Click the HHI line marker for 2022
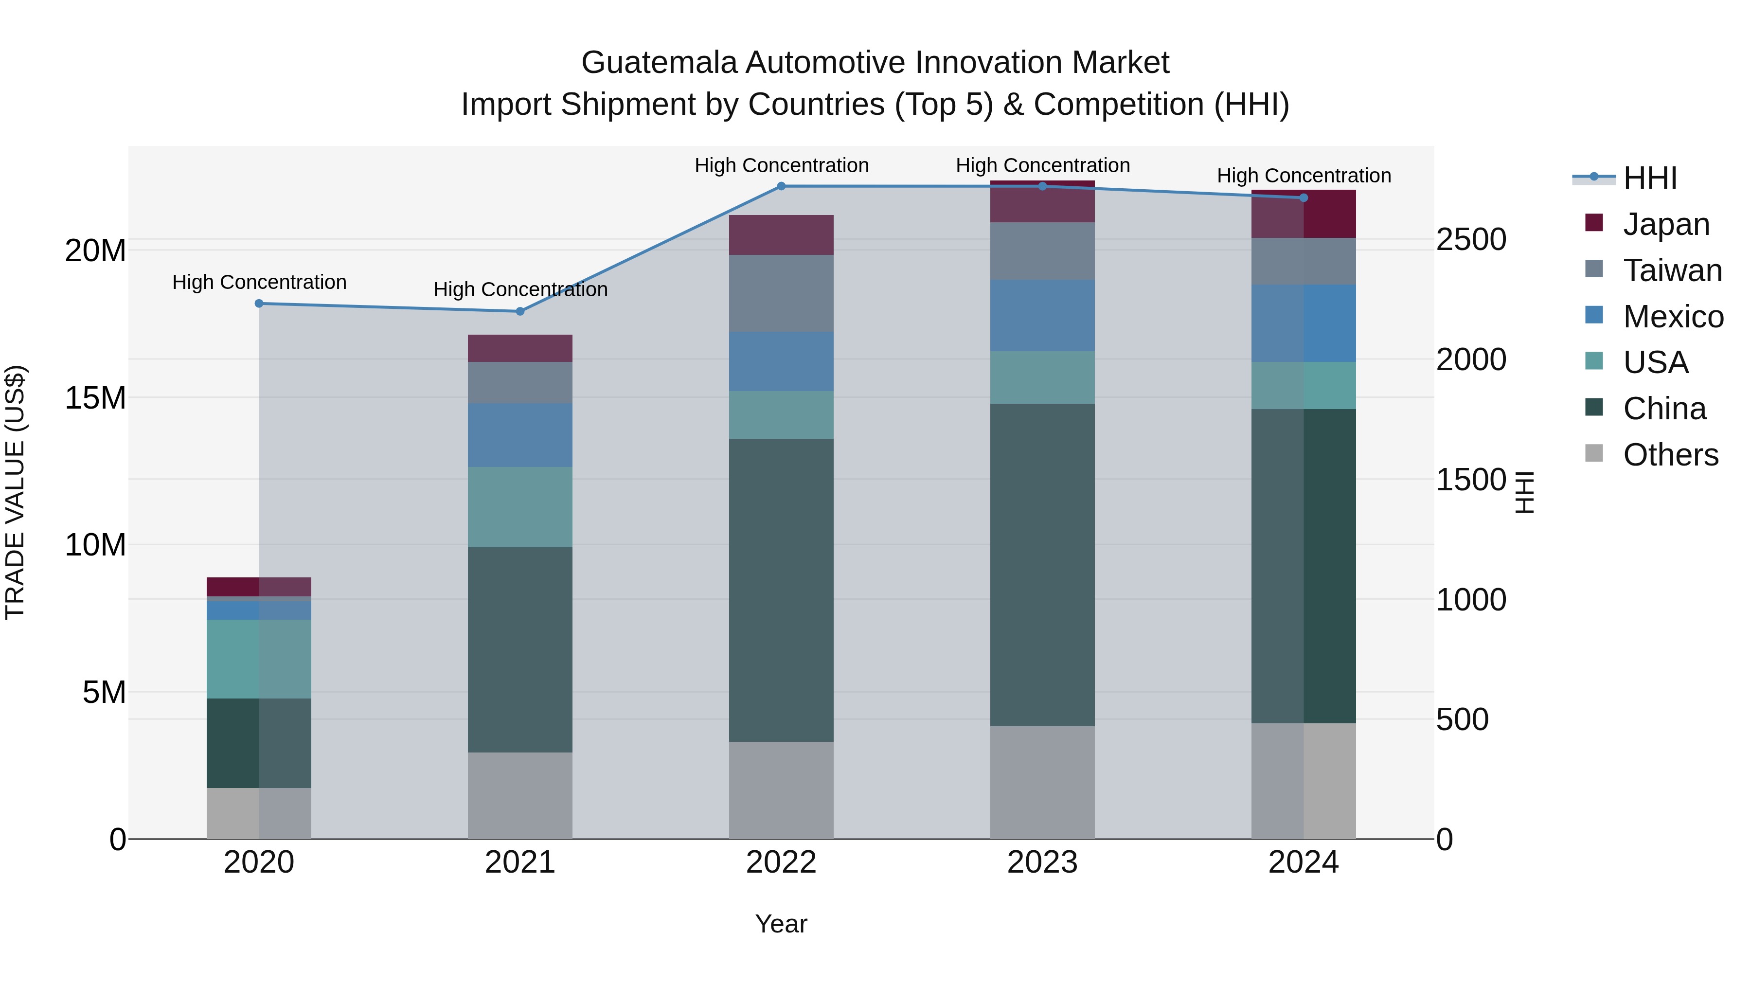(x=781, y=186)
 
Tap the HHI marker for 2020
(x=259, y=304)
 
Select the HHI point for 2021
(x=520, y=311)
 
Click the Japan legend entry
(x=1665, y=224)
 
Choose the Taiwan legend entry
(x=1672, y=270)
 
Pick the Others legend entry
(x=1670, y=454)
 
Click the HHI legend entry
(x=1650, y=178)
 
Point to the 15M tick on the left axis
(x=95, y=398)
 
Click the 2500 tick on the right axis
(x=1470, y=239)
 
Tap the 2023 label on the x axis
(x=1042, y=862)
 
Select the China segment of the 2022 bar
(x=781, y=590)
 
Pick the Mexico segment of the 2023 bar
(x=1042, y=315)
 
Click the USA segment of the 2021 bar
(x=520, y=507)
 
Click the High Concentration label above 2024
(x=1303, y=176)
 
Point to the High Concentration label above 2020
(x=259, y=282)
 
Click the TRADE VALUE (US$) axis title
(x=15, y=492)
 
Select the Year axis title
(x=781, y=924)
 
